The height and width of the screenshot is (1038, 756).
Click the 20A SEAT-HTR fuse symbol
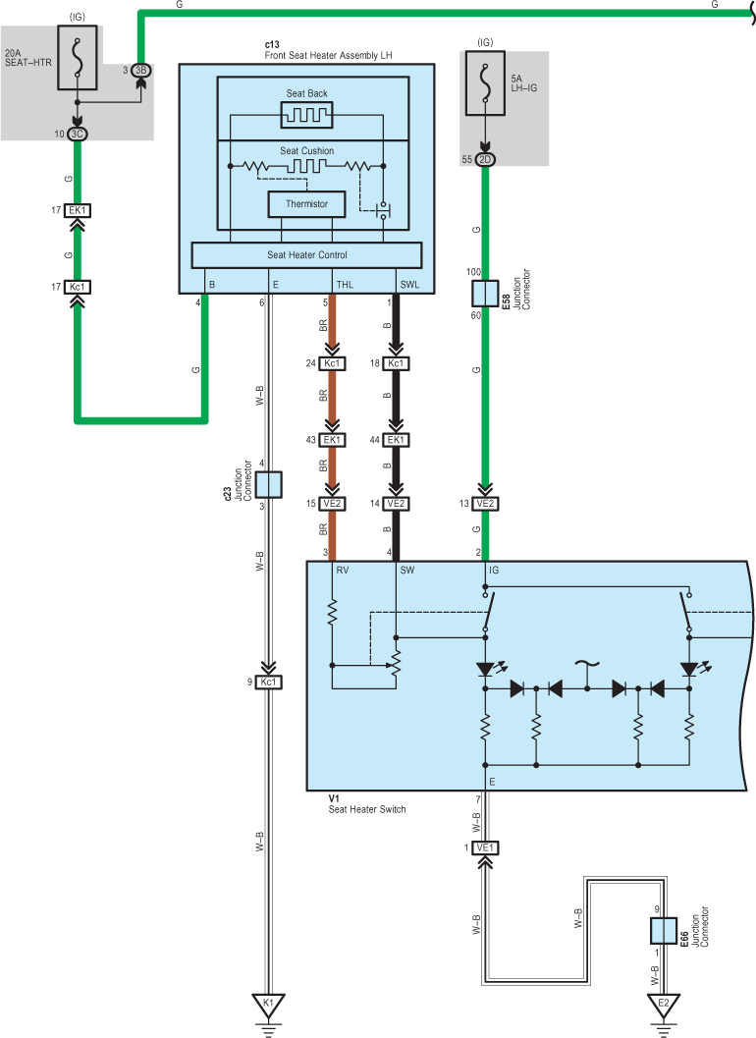(78, 58)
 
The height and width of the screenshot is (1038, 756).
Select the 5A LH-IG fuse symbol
(485, 83)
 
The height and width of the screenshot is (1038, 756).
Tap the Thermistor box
(306, 204)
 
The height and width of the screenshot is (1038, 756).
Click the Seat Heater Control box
(306, 255)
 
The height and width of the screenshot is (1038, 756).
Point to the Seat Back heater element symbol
(306, 115)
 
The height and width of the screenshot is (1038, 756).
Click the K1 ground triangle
(268, 1005)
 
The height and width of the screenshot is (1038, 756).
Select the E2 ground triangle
(664, 1005)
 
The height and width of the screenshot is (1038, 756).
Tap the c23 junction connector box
(268, 484)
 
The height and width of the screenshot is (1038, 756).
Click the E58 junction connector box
(485, 294)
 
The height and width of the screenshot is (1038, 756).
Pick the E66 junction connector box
(664, 930)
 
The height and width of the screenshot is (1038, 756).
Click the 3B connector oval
(141, 70)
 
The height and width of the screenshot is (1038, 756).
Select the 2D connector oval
(485, 159)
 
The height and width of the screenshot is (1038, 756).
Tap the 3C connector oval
(78, 134)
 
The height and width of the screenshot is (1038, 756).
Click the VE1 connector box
(485, 847)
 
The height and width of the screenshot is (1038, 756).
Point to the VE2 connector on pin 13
(485, 504)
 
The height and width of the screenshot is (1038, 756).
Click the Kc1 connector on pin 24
(332, 363)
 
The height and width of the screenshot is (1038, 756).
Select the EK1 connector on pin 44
(396, 440)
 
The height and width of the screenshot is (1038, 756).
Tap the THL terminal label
(345, 285)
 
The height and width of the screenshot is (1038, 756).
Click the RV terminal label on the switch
(343, 570)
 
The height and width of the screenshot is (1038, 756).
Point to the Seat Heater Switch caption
(367, 809)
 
